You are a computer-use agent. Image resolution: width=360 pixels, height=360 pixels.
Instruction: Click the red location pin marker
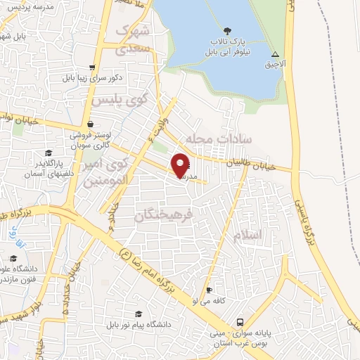181,165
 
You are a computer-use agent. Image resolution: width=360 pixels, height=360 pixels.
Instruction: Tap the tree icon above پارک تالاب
227,30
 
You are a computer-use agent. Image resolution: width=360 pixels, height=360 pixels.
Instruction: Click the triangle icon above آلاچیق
276,54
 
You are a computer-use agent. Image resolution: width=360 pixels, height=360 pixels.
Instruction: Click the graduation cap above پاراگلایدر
49,153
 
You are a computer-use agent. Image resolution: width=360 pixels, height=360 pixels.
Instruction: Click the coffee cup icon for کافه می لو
208,290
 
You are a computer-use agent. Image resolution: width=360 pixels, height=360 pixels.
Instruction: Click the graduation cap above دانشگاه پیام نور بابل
139,314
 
